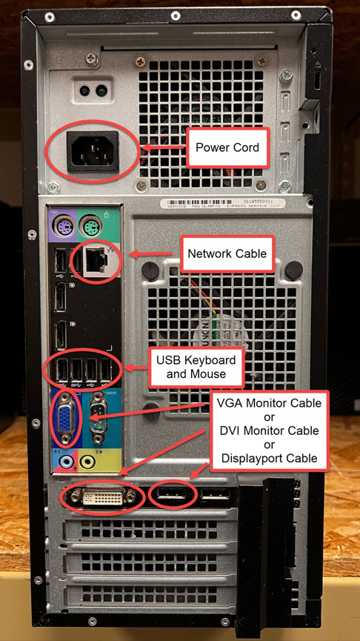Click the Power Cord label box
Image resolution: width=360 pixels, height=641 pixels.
227,147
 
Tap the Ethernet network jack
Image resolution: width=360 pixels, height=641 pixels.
93,257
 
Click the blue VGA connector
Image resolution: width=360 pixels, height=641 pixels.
64,420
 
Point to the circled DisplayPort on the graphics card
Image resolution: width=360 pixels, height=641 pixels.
173,495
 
